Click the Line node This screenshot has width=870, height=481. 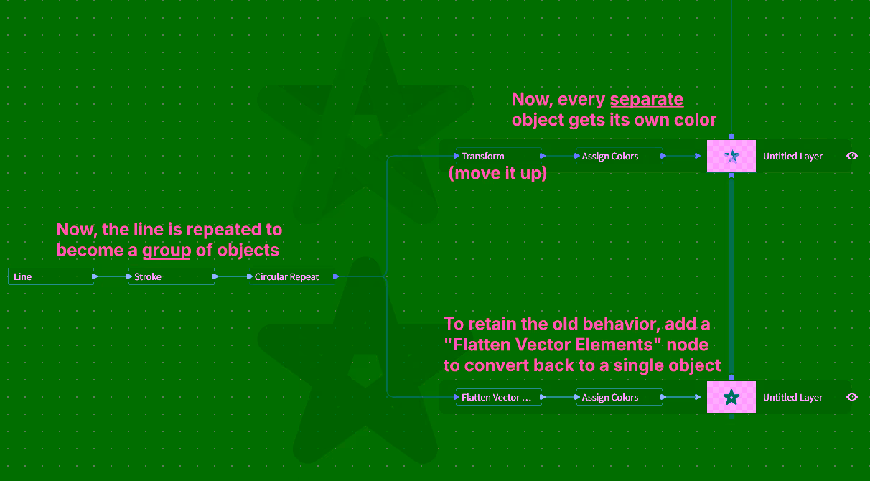pyautogui.click(x=50, y=276)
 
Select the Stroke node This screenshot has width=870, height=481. pyautogui.click(x=171, y=276)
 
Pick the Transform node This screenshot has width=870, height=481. pyautogui.click(x=498, y=156)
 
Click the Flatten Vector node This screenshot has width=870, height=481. pyautogui.click(x=498, y=397)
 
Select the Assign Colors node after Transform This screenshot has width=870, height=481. pyautogui.click(x=618, y=156)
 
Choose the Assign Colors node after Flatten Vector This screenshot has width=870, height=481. pyautogui.click(x=618, y=397)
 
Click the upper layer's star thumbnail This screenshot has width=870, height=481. pyautogui.click(x=731, y=156)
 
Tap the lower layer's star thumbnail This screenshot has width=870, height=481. pyautogui.click(x=731, y=397)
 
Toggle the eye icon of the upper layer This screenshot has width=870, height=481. pyautogui.click(x=852, y=156)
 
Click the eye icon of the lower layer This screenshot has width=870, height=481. pyautogui.click(x=852, y=397)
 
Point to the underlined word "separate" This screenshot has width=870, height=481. pyautogui.click(x=647, y=100)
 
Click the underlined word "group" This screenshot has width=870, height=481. pyautogui.click(x=167, y=251)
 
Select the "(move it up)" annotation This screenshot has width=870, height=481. pyautogui.click(x=497, y=174)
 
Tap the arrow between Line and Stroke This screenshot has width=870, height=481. pyautogui.click(x=111, y=276)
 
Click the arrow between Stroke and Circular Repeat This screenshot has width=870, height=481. pyautogui.click(x=232, y=276)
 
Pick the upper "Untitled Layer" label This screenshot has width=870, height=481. pyautogui.click(x=792, y=156)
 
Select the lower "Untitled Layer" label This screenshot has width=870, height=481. pyautogui.click(x=792, y=397)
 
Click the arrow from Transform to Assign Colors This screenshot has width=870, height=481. pyautogui.click(x=559, y=156)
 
